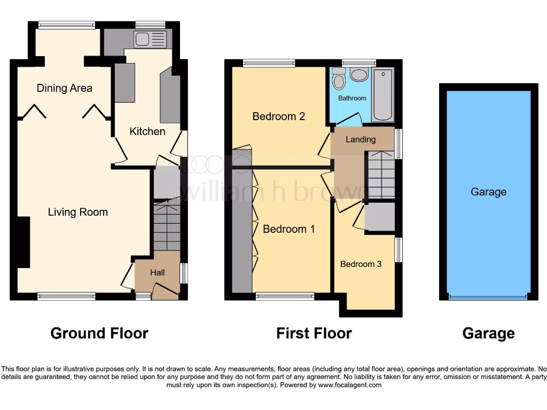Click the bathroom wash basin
click(x=359, y=75)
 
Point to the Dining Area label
click(x=65, y=88)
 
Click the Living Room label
click(x=78, y=212)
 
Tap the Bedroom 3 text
click(x=361, y=264)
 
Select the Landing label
click(x=361, y=139)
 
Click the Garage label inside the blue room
click(x=488, y=192)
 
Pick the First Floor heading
click(x=314, y=334)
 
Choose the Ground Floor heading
click(x=99, y=334)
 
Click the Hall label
click(x=157, y=272)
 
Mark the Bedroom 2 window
click(x=269, y=64)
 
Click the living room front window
click(x=66, y=295)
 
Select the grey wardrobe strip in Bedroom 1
click(x=242, y=224)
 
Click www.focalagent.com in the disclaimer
click(x=349, y=385)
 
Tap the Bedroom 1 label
click(x=289, y=229)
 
